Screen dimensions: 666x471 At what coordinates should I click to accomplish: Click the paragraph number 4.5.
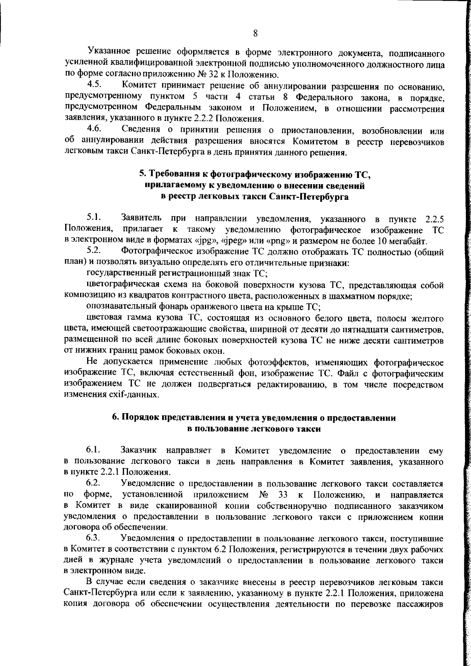coord(95,84)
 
